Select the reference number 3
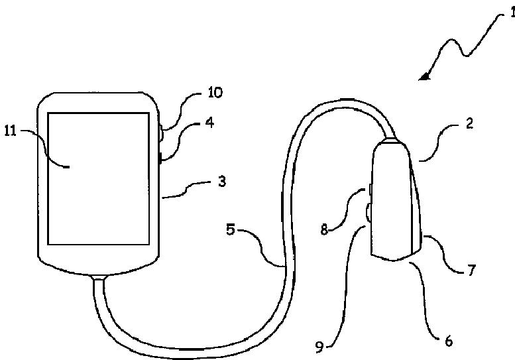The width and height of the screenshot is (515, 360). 223,181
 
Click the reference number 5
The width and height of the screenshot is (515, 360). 231,231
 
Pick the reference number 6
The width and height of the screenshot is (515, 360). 448,342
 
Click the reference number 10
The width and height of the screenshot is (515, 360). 215,92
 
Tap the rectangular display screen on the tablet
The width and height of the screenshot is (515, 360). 97,178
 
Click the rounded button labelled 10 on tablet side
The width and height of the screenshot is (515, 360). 161,133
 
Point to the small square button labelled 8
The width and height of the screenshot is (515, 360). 371,192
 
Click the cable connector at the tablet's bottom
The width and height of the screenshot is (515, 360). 100,276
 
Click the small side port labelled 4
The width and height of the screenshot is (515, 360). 161,157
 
